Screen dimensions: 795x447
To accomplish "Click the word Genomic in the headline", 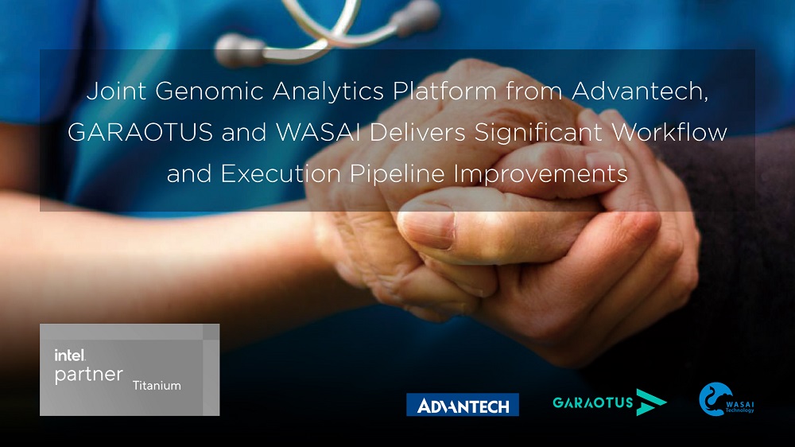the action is pyautogui.click(x=209, y=91).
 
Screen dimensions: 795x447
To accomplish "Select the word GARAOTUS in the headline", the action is pyautogui.click(x=140, y=133).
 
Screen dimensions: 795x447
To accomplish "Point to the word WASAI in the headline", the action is pyautogui.click(x=319, y=133).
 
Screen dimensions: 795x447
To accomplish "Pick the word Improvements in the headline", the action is pyautogui.click(x=541, y=174).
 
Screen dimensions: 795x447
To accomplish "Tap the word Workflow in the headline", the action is pyautogui.click(x=669, y=132).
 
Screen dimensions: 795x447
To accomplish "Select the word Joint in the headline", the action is pyautogui.click(x=116, y=91).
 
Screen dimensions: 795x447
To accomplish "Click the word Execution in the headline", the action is pyautogui.click(x=281, y=174).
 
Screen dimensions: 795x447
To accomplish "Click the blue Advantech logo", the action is pyautogui.click(x=463, y=405).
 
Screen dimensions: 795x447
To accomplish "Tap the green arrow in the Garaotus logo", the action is pyautogui.click(x=650, y=402).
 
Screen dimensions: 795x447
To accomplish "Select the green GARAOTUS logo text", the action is pyautogui.click(x=593, y=403).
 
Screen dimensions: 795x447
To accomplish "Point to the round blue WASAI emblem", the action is pyautogui.click(x=715, y=399).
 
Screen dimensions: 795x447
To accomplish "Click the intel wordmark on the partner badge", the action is pyautogui.click(x=70, y=356).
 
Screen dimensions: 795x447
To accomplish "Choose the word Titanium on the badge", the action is pyautogui.click(x=157, y=386).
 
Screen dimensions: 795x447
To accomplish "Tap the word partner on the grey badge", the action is pyautogui.click(x=89, y=375).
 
